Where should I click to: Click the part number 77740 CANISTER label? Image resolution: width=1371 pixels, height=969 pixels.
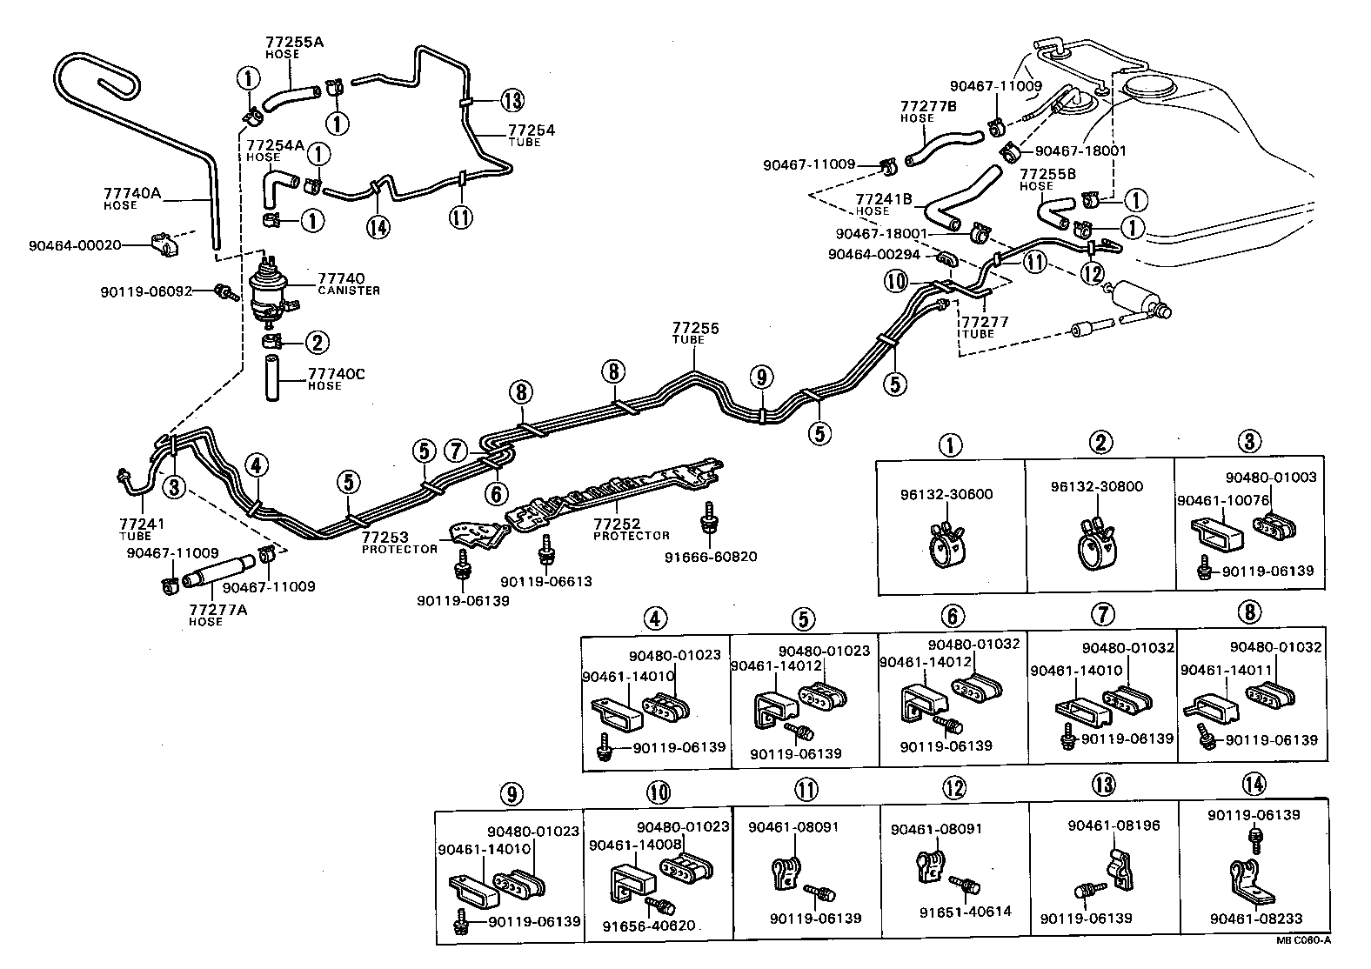(342, 283)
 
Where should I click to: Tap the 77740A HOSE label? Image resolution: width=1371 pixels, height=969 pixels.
(132, 198)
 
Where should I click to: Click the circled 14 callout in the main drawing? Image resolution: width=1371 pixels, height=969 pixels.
(377, 226)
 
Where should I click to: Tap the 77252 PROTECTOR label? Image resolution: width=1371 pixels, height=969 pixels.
(631, 529)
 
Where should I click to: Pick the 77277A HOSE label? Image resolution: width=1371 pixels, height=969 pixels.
(217, 614)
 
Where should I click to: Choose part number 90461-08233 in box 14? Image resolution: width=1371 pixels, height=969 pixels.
(1254, 919)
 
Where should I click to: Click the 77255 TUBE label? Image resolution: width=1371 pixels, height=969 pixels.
(694, 333)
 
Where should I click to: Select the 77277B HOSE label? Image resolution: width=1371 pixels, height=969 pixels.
(927, 110)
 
